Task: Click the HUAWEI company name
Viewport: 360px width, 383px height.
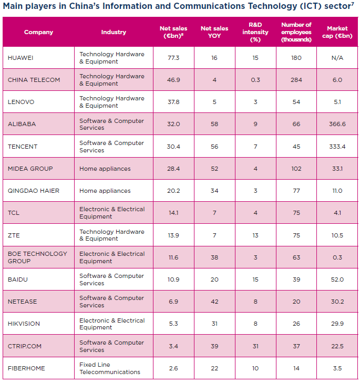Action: click(x=21, y=58)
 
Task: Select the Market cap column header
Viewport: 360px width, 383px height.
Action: click(x=337, y=32)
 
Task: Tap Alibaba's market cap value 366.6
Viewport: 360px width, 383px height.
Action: click(x=337, y=124)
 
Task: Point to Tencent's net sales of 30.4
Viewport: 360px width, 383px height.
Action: click(x=173, y=147)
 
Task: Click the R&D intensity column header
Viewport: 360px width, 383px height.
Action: click(x=255, y=32)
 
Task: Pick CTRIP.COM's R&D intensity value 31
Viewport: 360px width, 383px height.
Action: click(x=255, y=346)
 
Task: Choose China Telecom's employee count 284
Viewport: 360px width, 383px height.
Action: click(x=296, y=80)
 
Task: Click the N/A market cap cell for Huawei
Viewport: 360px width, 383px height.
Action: click(x=337, y=58)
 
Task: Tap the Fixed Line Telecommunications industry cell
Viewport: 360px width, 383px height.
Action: click(x=110, y=368)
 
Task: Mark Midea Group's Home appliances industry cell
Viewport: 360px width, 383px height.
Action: click(x=105, y=169)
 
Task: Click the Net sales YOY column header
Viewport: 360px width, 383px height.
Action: click(x=214, y=32)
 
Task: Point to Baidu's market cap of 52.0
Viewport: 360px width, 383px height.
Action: click(x=337, y=280)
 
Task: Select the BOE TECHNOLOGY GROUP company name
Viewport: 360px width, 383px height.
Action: click(x=37, y=257)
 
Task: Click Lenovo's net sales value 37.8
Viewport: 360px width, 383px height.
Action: click(x=173, y=102)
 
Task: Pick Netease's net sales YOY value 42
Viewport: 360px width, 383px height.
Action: click(x=214, y=302)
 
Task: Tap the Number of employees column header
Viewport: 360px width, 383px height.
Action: click(x=296, y=32)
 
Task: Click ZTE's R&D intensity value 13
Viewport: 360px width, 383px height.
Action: click(x=255, y=235)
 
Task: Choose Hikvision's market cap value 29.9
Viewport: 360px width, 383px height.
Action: click(x=337, y=324)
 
